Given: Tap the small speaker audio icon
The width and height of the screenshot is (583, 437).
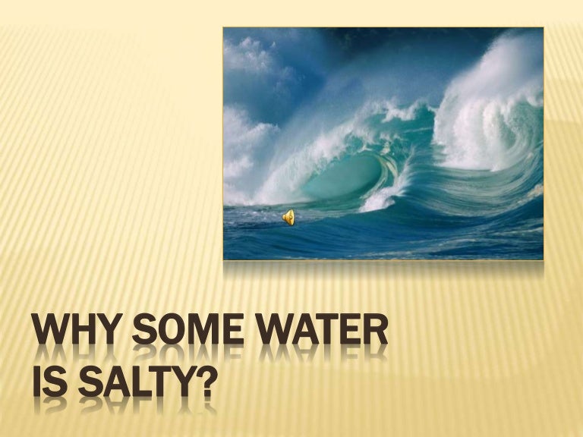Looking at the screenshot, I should click(x=288, y=218).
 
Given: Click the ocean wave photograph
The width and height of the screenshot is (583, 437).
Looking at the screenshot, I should click(x=383, y=143).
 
